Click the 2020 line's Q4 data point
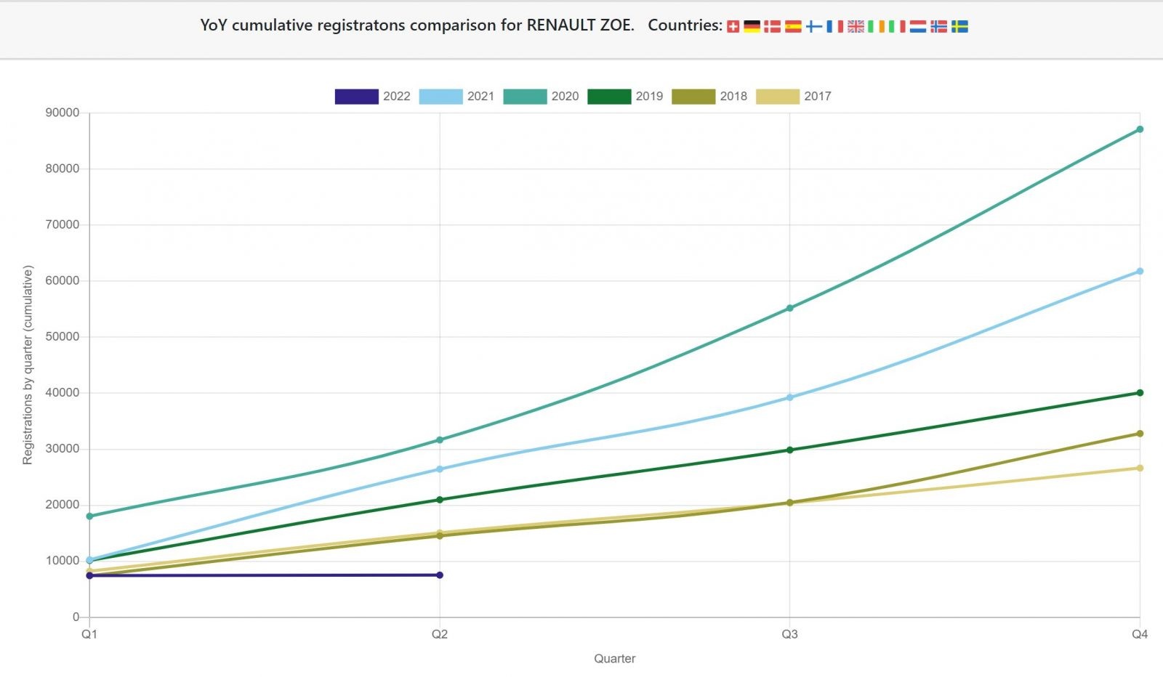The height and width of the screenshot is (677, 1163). [x=1140, y=129]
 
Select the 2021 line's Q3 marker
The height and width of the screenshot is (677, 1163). [x=790, y=397]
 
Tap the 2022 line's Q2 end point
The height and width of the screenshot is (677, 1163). [x=440, y=575]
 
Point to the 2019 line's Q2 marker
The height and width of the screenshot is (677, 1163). [x=440, y=500]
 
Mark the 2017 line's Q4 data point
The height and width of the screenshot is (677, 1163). [x=1140, y=468]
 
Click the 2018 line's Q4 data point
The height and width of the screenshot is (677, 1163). [x=1140, y=434]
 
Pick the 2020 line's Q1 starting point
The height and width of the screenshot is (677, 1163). [x=89, y=516]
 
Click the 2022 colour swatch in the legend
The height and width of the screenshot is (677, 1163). [x=356, y=97]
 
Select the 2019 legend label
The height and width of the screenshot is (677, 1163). [x=649, y=97]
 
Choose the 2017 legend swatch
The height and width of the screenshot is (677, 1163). [x=778, y=97]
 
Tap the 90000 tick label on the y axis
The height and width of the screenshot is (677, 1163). [x=62, y=113]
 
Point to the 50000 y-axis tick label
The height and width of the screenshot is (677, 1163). [x=62, y=337]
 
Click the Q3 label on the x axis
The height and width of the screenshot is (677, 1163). [x=789, y=634]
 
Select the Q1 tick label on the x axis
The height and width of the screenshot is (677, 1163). [x=89, y=634]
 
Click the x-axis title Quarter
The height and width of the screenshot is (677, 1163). [x=615, y=659]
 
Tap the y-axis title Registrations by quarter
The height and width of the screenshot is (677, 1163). [x=28, y=365]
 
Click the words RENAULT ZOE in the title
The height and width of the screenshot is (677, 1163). [x=579, y=25]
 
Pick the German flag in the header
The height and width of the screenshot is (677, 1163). [x=752, y=27]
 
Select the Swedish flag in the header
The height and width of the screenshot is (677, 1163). [x=959, y=27]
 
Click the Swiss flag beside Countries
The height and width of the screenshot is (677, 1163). [x=733, y=27]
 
